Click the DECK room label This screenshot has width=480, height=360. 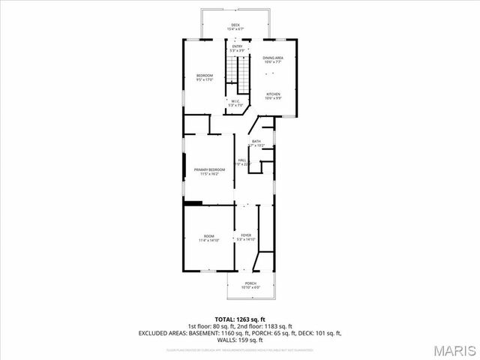click(x=235, y=26)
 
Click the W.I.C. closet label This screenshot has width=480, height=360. click(x=235, y=103)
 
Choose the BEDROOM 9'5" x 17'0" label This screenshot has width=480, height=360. click(x=205, y=76)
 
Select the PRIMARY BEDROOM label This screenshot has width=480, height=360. click(x=209, y=171)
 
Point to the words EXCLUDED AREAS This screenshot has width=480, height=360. click(x=162, y=332)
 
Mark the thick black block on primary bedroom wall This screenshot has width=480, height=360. click(x=193, y=202)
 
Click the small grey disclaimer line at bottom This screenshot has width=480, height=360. click(x=239, y=349)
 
